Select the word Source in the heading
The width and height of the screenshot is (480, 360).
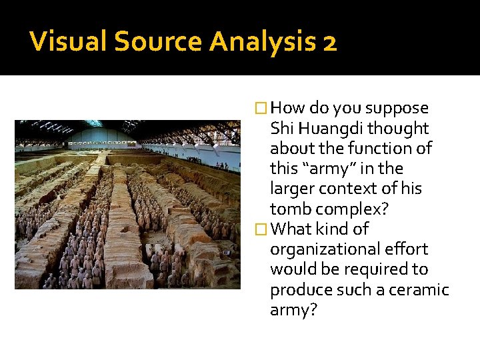[x=157, y=43]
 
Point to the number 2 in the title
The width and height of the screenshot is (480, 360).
[x=329, y=43]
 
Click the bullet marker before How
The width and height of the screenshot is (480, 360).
[x=261, y=108]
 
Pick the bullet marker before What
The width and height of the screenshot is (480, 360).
[x=261, y=229]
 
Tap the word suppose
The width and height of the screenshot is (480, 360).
[x=398, y=109]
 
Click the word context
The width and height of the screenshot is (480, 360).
[x=340, y=189]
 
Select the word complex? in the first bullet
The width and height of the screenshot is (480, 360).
[x=343, y=209]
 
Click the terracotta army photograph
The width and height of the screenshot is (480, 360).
[x=127, y=204]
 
